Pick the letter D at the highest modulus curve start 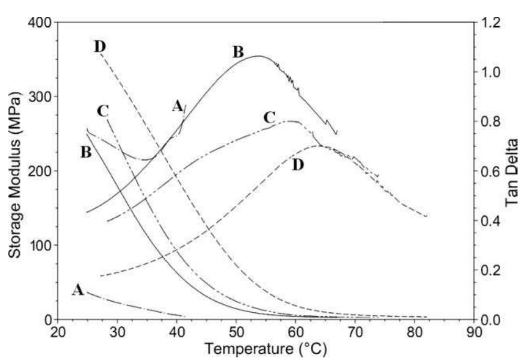tap(100, 46)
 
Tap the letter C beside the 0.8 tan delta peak tap(270, 118)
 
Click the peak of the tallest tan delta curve tap(258, 56)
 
